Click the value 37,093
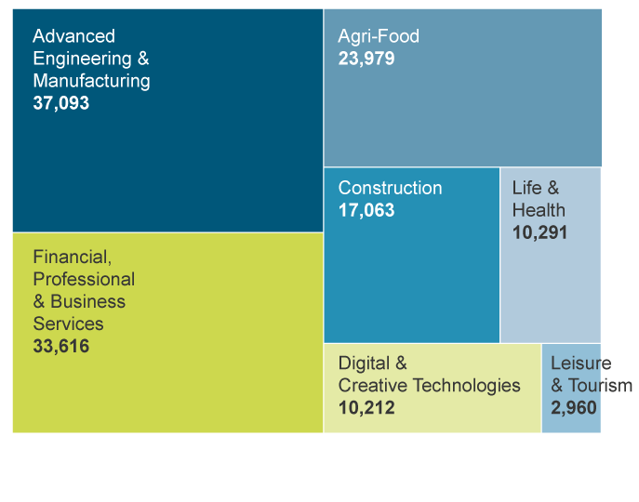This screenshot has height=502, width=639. pyautogui.click(x=61, y=103)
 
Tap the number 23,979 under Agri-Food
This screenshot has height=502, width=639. pyautogui.click(x=366, y=59)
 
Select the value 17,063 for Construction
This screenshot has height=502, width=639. pyautogui.click(x=366, y=210)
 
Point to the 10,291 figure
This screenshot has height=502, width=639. pyautogui.click(x=539, y=232)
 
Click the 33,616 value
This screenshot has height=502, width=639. pyautogui.click(x=61, y=347)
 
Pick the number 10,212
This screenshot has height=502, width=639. pyautogui.click(x=366, y=408)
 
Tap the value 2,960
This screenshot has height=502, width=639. pyautogui.click(x=573, y=408)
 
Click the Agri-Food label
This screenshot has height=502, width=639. pyautogui.click(x=379, y=36)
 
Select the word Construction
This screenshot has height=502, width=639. pyautogui.click(x=390, y=188)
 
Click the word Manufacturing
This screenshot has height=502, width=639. pyautogui.click(x=91, y=81)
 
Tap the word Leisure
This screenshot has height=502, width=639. pyautogui.click(x=580, y=363)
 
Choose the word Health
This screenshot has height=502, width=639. pyautogui.click(x=539, y=210)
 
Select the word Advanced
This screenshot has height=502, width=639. pyautogui.click(x=73, y=36)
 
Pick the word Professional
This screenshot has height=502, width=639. pyautogui.click(x=84, y=279)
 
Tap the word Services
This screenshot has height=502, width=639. pyautogui.click(x=68, y=324)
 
